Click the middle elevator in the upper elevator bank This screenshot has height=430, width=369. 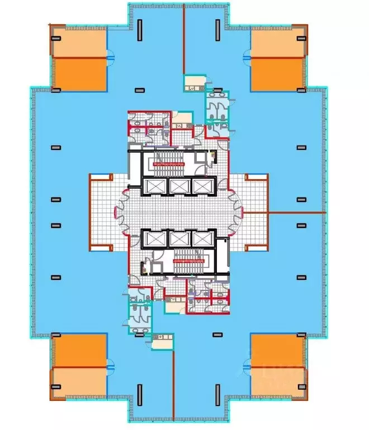click(x=178, y=186)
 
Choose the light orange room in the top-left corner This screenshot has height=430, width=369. click(x=79, y=42)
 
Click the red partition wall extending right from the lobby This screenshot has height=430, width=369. click(x=296, y=213)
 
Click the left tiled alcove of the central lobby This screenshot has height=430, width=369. click(x=103, y=213)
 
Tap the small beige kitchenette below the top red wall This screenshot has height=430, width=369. click(x=192, y=83)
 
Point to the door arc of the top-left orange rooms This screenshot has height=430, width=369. click(x=110, y=57)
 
